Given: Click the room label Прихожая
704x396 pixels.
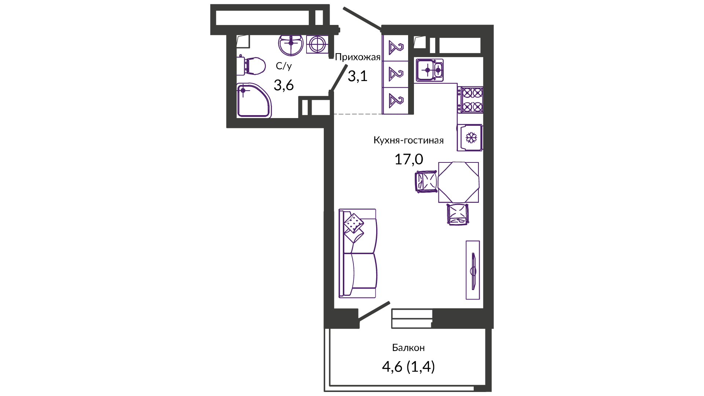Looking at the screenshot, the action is pyautogui.click(x=357, y=57).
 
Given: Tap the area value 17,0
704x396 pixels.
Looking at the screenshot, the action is pyautogui.click(x=408, y=159).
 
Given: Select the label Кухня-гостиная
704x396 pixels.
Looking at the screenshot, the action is pyautogui.click(x=408, y=140).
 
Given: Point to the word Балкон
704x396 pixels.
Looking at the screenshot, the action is pyautogui.click(x=408, y=348).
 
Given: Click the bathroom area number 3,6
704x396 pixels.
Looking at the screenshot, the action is pyautogui.click(x=284, y=85).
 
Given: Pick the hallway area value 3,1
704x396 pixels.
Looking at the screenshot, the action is pyautogui.click(x=357, y=76).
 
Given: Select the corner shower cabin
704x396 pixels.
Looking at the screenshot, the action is pyautogui.click(x=254, y=100).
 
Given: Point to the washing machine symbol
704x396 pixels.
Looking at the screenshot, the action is pyautogui.click(x=317, y=45).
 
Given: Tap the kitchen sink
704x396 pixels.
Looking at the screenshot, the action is pyautogui.click(x=430, y=70).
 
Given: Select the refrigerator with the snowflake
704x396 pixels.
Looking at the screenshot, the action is pyautogui.click(x=470, y=137).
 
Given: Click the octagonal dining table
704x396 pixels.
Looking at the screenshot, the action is pyautogui.click(x=458, y=182).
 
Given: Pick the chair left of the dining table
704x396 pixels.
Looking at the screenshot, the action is pyautogui.click(x=426, y=181).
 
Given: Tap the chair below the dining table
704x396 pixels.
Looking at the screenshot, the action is pyautogui.click(x=458, y=214).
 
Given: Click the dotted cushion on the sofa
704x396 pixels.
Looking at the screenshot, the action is pyautogui.click(x=354, y=223).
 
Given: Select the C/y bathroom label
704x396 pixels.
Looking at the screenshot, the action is pyautogui.click(x=284, y=66).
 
